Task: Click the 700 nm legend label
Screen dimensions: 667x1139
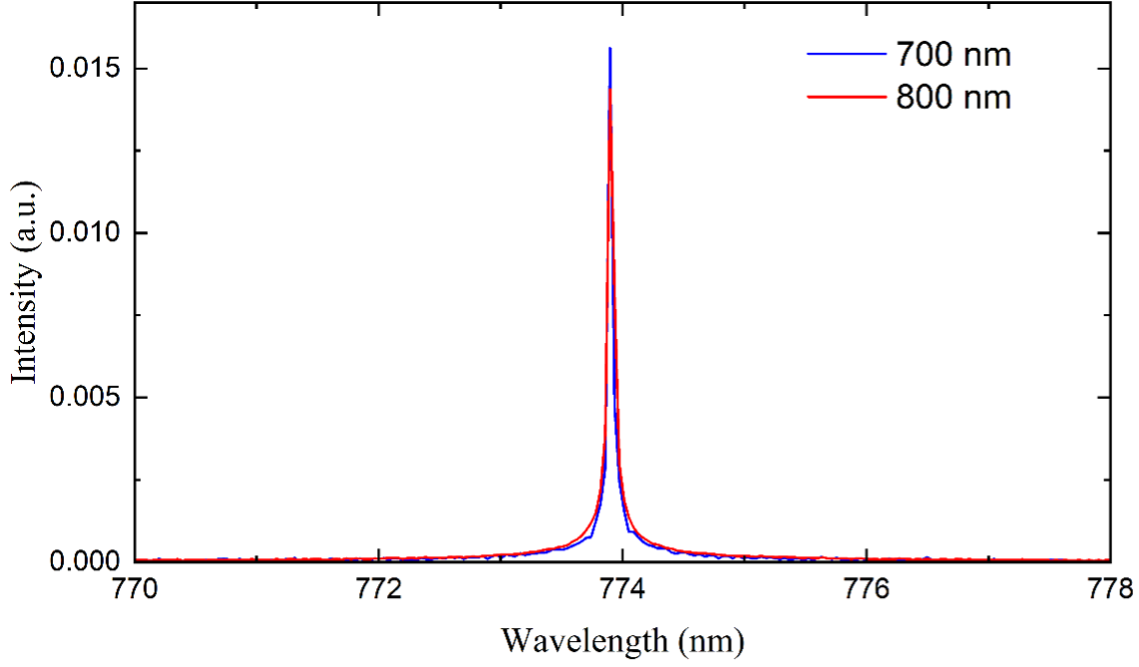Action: pyautogui.click(x=951, y=54)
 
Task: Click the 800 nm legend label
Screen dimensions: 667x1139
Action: pyautogui.click(x=951, y=98)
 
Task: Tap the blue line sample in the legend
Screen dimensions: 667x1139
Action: pyautogui.click(x=845, y=54)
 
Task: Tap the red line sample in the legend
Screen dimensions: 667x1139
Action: pyautogui.click(x=845, y=98)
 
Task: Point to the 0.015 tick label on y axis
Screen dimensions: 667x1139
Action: pyautogui.click(x=84, y=69)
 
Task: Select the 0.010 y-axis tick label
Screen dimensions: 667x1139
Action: pyautogui.click(x=84, y=232)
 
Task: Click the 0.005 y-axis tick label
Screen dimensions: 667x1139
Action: pyautogui.click(x=84, y=397)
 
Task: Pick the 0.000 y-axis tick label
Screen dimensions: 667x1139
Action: pyautogui.click(x=84, y=561)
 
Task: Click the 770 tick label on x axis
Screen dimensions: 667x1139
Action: pyautogui.click(x=135, y=589)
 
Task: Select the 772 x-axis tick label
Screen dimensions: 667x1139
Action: pyautogui.click(x=379, y=589)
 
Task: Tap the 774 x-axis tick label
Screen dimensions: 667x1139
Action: pyautogui.click(x=622, y=589)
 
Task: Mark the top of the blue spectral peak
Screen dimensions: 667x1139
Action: pyautogui.click(x=609, y=49)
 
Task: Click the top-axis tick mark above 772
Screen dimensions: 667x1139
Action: pyautogui.click(x=379, y=8)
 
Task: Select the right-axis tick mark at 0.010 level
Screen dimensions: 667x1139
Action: pyautogui.click(x=1103, y=232)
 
